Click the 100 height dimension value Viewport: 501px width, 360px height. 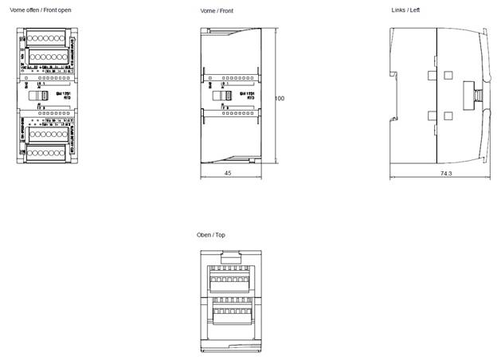coord(280,98)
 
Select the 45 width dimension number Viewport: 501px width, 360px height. coord(228,173)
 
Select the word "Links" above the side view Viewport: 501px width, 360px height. coord(398,10)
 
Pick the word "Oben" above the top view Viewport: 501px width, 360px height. coord(205,235)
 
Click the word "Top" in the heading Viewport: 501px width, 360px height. coord(221,235)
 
